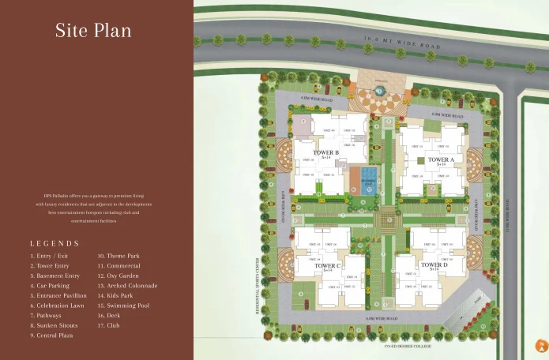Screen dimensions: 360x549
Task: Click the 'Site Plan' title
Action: click(x=93, y=31)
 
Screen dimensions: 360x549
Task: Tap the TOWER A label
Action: click(x=441, y=159)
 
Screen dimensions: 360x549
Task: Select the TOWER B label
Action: click(x=325, y=152)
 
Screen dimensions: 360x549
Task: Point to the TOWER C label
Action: click(x=327, y=266)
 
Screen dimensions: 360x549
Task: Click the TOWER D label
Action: click(x=434, y=265)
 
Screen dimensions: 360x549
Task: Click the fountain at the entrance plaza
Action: click(x=380, y=91)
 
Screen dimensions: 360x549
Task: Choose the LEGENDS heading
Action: click(x=55, y=244)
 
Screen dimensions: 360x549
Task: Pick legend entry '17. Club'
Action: click(x=109, y=324)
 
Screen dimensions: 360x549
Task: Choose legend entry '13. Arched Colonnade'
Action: click(x=127, y=286)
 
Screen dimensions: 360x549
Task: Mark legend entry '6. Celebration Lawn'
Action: click(x=58, y=305)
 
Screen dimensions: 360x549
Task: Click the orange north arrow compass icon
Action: click(x=541, y=345)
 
